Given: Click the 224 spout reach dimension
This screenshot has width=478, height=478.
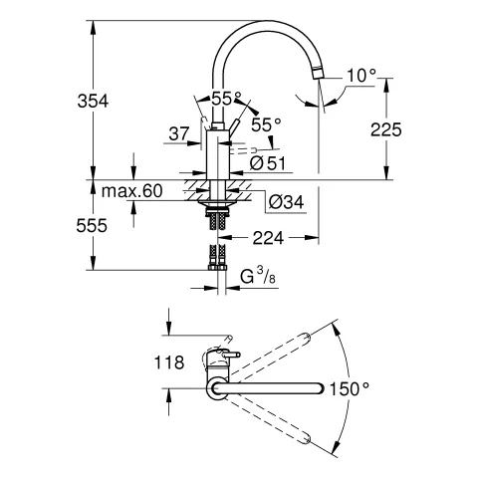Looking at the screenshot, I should (273, 237).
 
